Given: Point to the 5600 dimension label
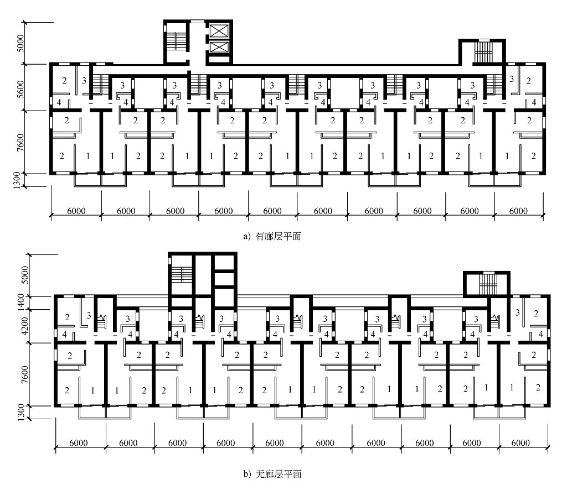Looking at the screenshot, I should [x=20, y=87].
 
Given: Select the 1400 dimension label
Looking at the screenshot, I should [x=20, y=302].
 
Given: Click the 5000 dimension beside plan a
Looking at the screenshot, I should [x=20, y=43].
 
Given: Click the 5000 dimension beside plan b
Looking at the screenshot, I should [x=20, y=275].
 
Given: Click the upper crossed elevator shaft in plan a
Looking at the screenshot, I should [x=219, y=30].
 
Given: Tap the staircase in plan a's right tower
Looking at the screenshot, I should [x=483, y=53].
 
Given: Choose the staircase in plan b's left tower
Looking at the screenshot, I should [x=181, y=275].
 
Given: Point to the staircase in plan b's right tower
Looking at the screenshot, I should [x=487, y=285].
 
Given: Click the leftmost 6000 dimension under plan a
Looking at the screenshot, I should [x=76, y=211].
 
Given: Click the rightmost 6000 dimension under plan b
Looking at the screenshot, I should [x=523, y=443].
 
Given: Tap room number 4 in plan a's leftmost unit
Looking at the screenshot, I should [x=59, y=102].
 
